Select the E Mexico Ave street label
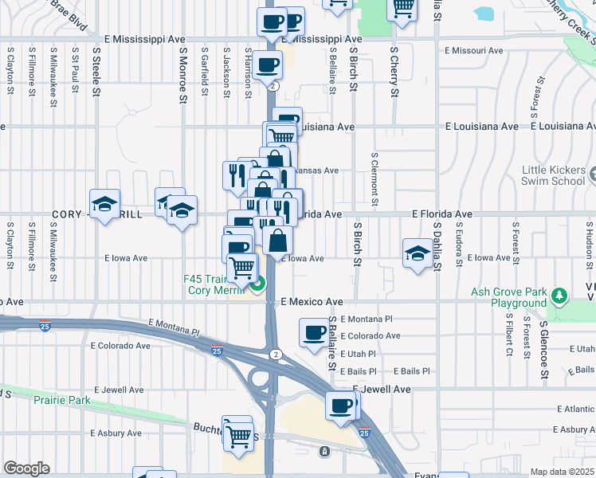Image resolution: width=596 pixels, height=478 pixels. (x=313, y=302)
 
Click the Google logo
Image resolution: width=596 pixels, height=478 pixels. (x=27, y=468)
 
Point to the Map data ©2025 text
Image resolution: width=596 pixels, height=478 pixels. (x=562, y=472)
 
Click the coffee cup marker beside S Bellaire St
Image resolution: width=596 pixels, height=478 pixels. (x=313, y=331)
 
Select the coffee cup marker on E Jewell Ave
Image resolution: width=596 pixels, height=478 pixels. (x=341, y=406)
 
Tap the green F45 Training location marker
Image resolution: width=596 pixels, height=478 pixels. (x=257, y=282)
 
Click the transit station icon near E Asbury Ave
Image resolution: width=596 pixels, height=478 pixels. (x=324, y=452)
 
